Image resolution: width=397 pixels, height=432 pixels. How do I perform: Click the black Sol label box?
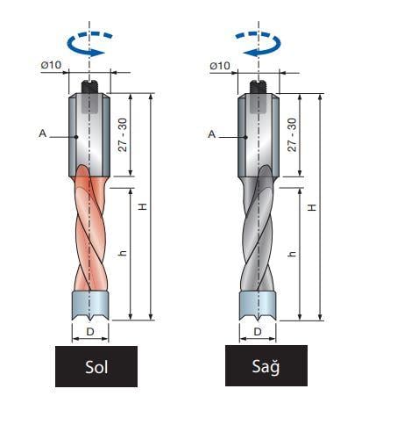[96, 366]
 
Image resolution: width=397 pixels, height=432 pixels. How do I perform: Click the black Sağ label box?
[266, 365]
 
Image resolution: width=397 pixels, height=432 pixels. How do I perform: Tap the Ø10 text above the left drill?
[51, 65]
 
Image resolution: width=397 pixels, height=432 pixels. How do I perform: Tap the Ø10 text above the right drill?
[220, 66]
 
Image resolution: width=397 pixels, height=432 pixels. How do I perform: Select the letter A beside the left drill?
[43, 133]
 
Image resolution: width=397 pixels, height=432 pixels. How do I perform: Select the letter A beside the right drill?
[212, 134]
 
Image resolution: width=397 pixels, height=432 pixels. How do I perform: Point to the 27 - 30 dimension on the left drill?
[123, 135]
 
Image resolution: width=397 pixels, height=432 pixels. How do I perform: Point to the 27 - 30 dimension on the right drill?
[292, 135]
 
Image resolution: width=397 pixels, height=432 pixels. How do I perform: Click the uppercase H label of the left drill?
[143, 206]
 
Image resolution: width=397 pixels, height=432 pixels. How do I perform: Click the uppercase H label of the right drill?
[312, 207]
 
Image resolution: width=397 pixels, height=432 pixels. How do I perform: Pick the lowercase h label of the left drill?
[123, 253]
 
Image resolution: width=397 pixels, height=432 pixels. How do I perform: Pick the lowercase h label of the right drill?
[292, 254]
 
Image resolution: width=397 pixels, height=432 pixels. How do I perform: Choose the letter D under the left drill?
[90, 332]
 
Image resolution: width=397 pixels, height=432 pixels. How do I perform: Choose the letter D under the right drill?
[258, 332]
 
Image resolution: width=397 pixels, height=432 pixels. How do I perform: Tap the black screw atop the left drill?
[90, 87]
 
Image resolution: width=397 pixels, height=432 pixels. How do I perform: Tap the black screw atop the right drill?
[259, 87]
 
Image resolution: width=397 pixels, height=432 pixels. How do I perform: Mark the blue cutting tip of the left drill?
[90, 306]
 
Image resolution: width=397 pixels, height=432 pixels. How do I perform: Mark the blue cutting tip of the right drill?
[258, 306]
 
